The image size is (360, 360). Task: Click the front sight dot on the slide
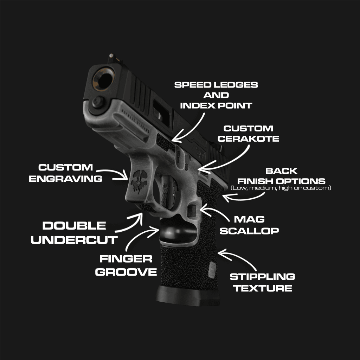pyautogui.click(x=111, y=55)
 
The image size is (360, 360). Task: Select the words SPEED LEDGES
pyautogui.click(x=216, y=85)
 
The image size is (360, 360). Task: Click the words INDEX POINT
pyautogui.click(x=216, y=105)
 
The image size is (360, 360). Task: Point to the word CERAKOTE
pyautogui.click(x=248, y=139)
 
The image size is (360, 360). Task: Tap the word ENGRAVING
pyautogui.click(x=66, y=179)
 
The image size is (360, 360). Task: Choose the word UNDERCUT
pyautogui.click(x=74, y=240)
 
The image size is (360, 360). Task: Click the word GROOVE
pyautogui.click(x=126, y=272)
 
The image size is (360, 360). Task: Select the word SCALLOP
pyautogui.click(x=249, y=231)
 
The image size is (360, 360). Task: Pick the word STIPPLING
pyautogui.click(x=262, y=277)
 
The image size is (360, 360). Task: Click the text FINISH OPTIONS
pyautogui.click(x=281, y=181)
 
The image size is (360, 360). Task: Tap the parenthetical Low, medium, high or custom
pyautogui.click(x=281, y=188)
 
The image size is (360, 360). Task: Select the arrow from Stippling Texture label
pyautogui.click(x=239, y=257)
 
